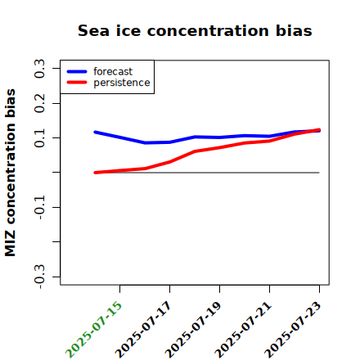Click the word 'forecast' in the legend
(113, 71)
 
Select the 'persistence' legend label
(122, 83)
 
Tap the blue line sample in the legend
(77, 71)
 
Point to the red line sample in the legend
(77, 83)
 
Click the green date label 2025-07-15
(93, 330)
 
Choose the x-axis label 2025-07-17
(143, 330)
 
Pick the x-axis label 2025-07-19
(193, 330)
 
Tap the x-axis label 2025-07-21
(243, 330)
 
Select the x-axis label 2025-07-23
(293, 330)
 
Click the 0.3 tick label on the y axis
(39, 69)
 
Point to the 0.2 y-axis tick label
(39, 103)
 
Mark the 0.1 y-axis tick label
(39, 138)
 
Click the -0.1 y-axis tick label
(39, 208)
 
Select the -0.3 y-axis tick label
(39, 277)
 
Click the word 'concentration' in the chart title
(209, 31)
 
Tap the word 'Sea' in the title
(93, 30)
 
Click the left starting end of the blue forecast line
(95, 133)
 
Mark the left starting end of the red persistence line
(95, 173)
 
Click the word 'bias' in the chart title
(294, 30)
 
